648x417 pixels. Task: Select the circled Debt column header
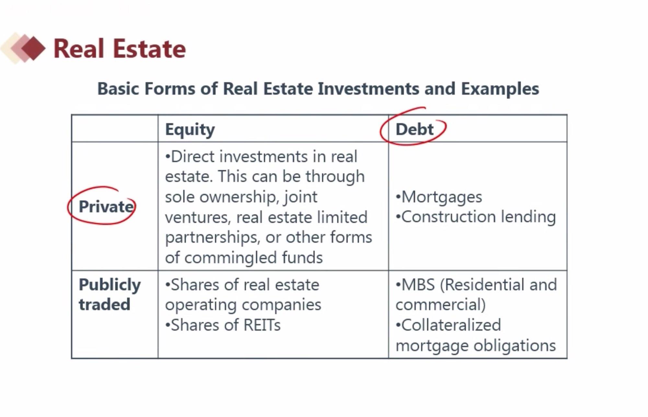pyautogui.click(x=414, y=130)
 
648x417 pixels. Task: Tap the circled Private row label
pyautogui.click(x=106, y=206)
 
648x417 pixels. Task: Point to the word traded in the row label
pyautogui.click(x=104, y=305)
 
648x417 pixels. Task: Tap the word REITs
pyautogui.click(x=262, y=325)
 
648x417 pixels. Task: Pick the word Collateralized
pyautogui.click(x=451, y=325)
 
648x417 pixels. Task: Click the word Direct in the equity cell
pyautogui.click(x=192, y=156)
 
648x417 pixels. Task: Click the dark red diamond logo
pyautogui.click(x=33, y=49)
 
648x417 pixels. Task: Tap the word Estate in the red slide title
pyautogui.click(x=150, y=49)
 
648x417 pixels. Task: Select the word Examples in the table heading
pyautogui.click(x=500, y=89)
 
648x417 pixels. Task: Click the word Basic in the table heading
pyautogui.click(x=118, y=89)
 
